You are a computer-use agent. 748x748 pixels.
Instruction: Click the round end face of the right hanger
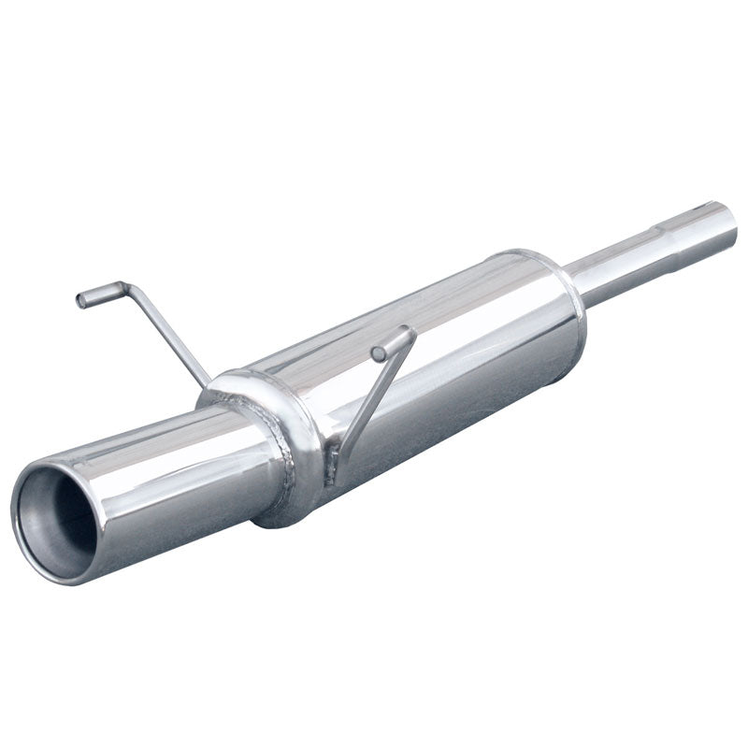(x=378, y=353)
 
